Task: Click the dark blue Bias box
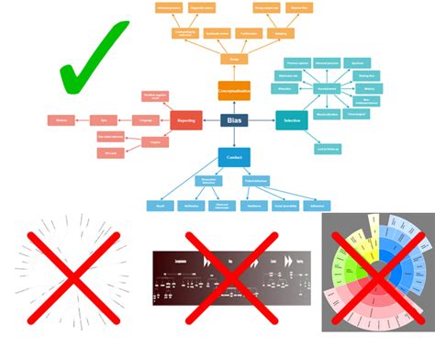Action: [x=234, y=119]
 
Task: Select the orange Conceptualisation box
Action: [x=234, y=90]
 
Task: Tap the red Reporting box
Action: [x=186, y=119]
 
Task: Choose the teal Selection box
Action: [x=292, y=119]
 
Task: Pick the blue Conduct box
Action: [x=234, y=156]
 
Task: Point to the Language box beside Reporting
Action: [x=145, y=119]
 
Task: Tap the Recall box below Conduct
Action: [x=159, y=206]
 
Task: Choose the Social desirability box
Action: [x=287, y=206]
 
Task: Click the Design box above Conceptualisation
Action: [x=234, y=60]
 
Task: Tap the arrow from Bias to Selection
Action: [x=262, y=119]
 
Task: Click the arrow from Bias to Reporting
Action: [x=211, y=119]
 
